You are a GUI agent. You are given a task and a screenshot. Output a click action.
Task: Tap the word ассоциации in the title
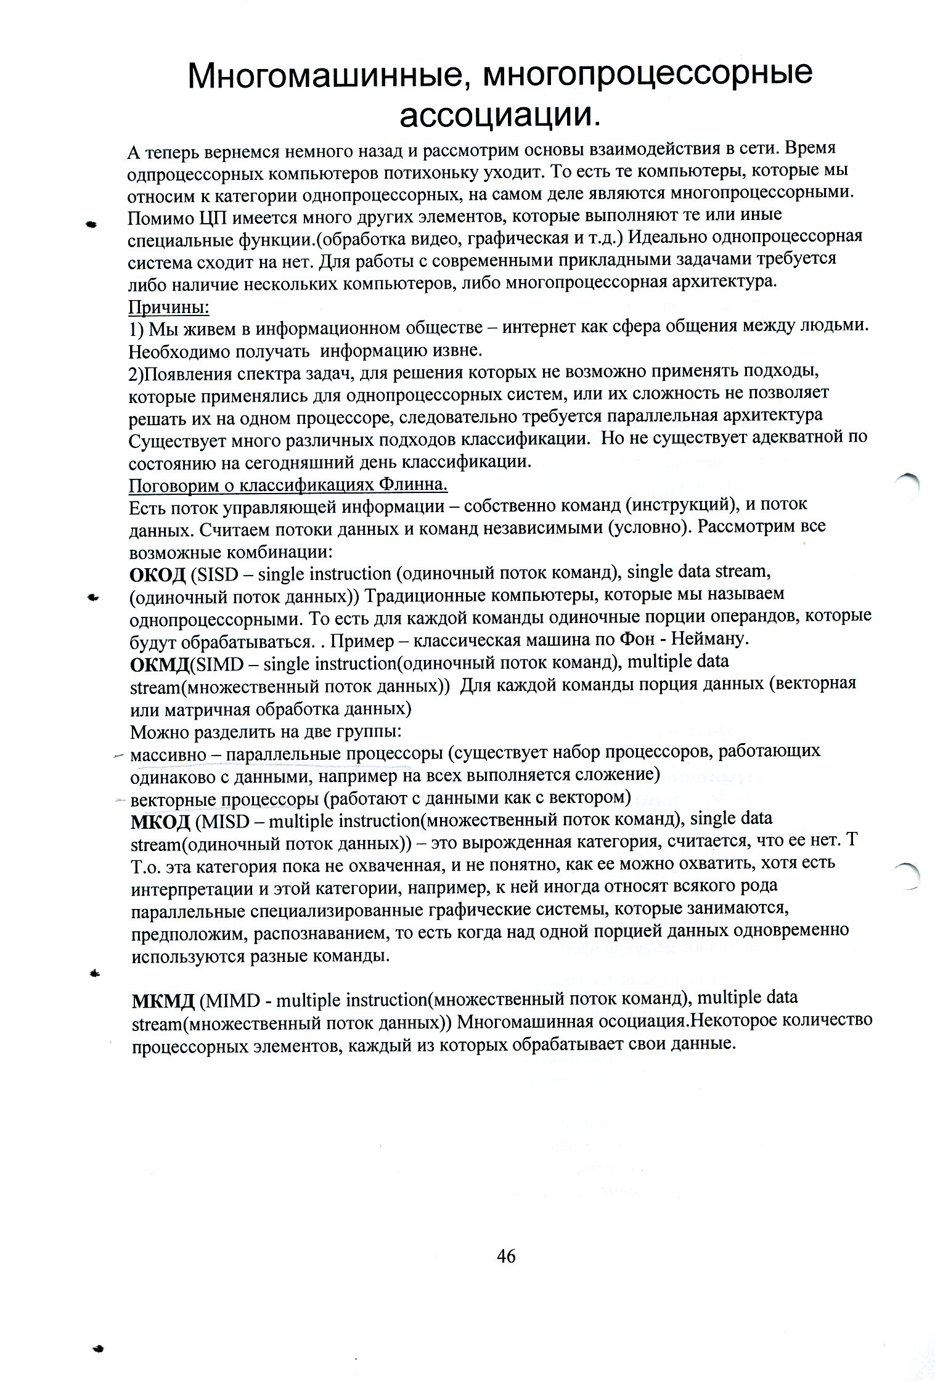pyautogui.click(x=496, y=115)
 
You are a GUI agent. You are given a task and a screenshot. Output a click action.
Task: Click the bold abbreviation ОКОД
pyautogui.click(x=157, y=574)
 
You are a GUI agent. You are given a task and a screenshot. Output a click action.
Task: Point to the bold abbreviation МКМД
pyautogui.click(x=163, y=999)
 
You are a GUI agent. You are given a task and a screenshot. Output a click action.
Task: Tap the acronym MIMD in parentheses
pyautogui.click(x=229, y=999)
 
